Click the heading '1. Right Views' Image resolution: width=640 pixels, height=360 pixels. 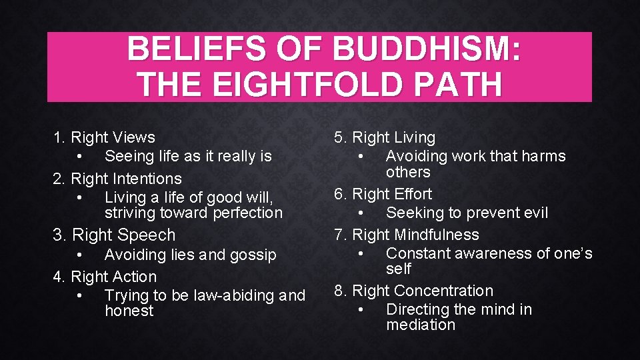[x=104, y=137]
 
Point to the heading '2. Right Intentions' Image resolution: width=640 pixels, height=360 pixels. [x=117, y=179]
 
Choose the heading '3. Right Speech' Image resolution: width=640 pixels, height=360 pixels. [x=114, y=235]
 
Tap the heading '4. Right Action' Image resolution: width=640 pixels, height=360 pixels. [x=105, y=276]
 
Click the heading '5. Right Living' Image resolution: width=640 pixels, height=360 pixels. [x=385, y=137]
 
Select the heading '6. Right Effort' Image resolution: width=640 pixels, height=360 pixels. [x=383, y=194]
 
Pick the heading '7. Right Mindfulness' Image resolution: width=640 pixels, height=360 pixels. [x=407, y=235]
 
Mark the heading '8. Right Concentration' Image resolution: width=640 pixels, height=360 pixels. [x=413, y=291]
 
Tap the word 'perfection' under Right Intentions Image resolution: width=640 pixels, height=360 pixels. [x=248, y=213]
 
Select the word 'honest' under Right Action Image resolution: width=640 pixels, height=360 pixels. [x=129, y=311]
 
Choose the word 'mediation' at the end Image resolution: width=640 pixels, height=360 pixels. [x=421, y=325]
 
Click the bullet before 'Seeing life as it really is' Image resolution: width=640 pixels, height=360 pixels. [x=79, y=157]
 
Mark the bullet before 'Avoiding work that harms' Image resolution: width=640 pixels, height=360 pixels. [x=361, y=157]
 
